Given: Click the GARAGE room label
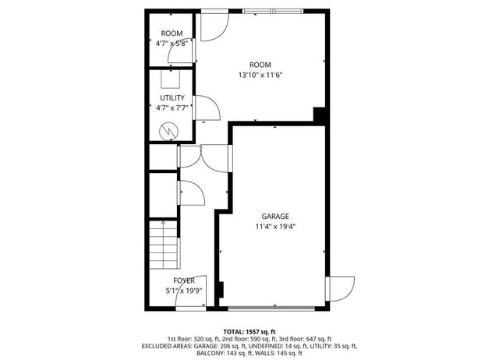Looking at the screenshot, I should (x=275, y=217).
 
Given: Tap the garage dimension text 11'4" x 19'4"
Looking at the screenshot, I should (x=275, y=227).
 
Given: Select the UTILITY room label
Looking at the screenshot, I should (x=172, y=98).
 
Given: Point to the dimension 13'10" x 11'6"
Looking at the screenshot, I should (x=260, y=76).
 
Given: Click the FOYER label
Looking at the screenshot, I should (x=184, y=281).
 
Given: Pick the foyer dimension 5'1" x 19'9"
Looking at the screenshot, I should (x=184, y=291).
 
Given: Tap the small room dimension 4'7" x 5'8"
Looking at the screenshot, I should (x=172, y=44).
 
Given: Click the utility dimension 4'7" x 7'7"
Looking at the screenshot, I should (x=172, y=108).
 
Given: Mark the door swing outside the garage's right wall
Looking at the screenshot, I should (x=341, y=289).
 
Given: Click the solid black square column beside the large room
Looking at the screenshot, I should (x=319, y=115).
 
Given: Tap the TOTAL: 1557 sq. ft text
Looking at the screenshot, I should (x=249, y=330).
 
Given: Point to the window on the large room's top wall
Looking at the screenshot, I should (x=270, y=11).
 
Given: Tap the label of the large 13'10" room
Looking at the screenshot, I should (x=260, y=65).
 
